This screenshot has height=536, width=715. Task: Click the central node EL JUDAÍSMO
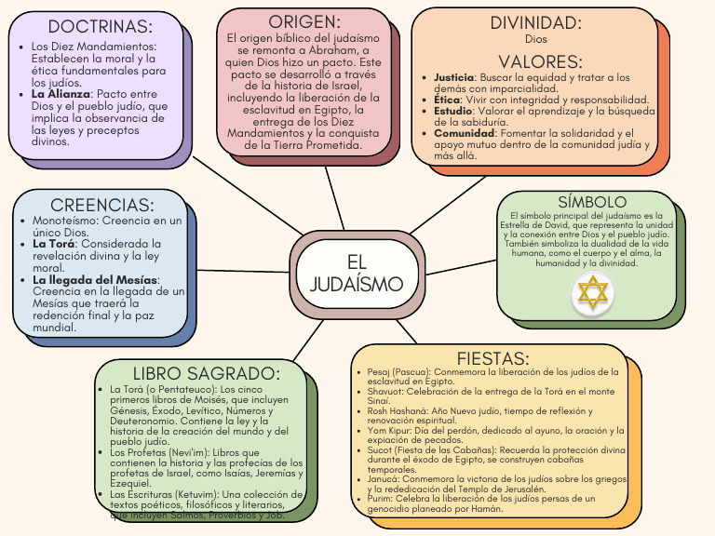pyautogui.click(x=357, y=273)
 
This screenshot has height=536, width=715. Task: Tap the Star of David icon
pyautogui.click(x=593, y=294)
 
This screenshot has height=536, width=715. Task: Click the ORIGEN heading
pyautogui.click(x=304, y=20)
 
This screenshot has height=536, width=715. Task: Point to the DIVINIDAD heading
pyautogui.click(x=535, y=23)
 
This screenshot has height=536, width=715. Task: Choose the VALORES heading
pyautogui.click(x=540, y=61)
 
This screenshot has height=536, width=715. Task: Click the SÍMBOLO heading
pyautogui.click(x=592, y=202)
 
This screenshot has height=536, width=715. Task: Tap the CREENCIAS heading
pyautogui.click(x=102, y=205)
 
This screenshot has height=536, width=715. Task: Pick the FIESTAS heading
pyautogui.click(x=492, y=358)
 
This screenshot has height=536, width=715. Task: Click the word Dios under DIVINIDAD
pyautogui.click(x=536, y=40)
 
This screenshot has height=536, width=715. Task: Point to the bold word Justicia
pyautogui.click(x=454, y=77)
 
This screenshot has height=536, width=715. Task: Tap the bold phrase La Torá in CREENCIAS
pyautogui.click(x=54, y=244)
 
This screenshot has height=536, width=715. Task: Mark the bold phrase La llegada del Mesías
pyautogui.click(x=95, y=279)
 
